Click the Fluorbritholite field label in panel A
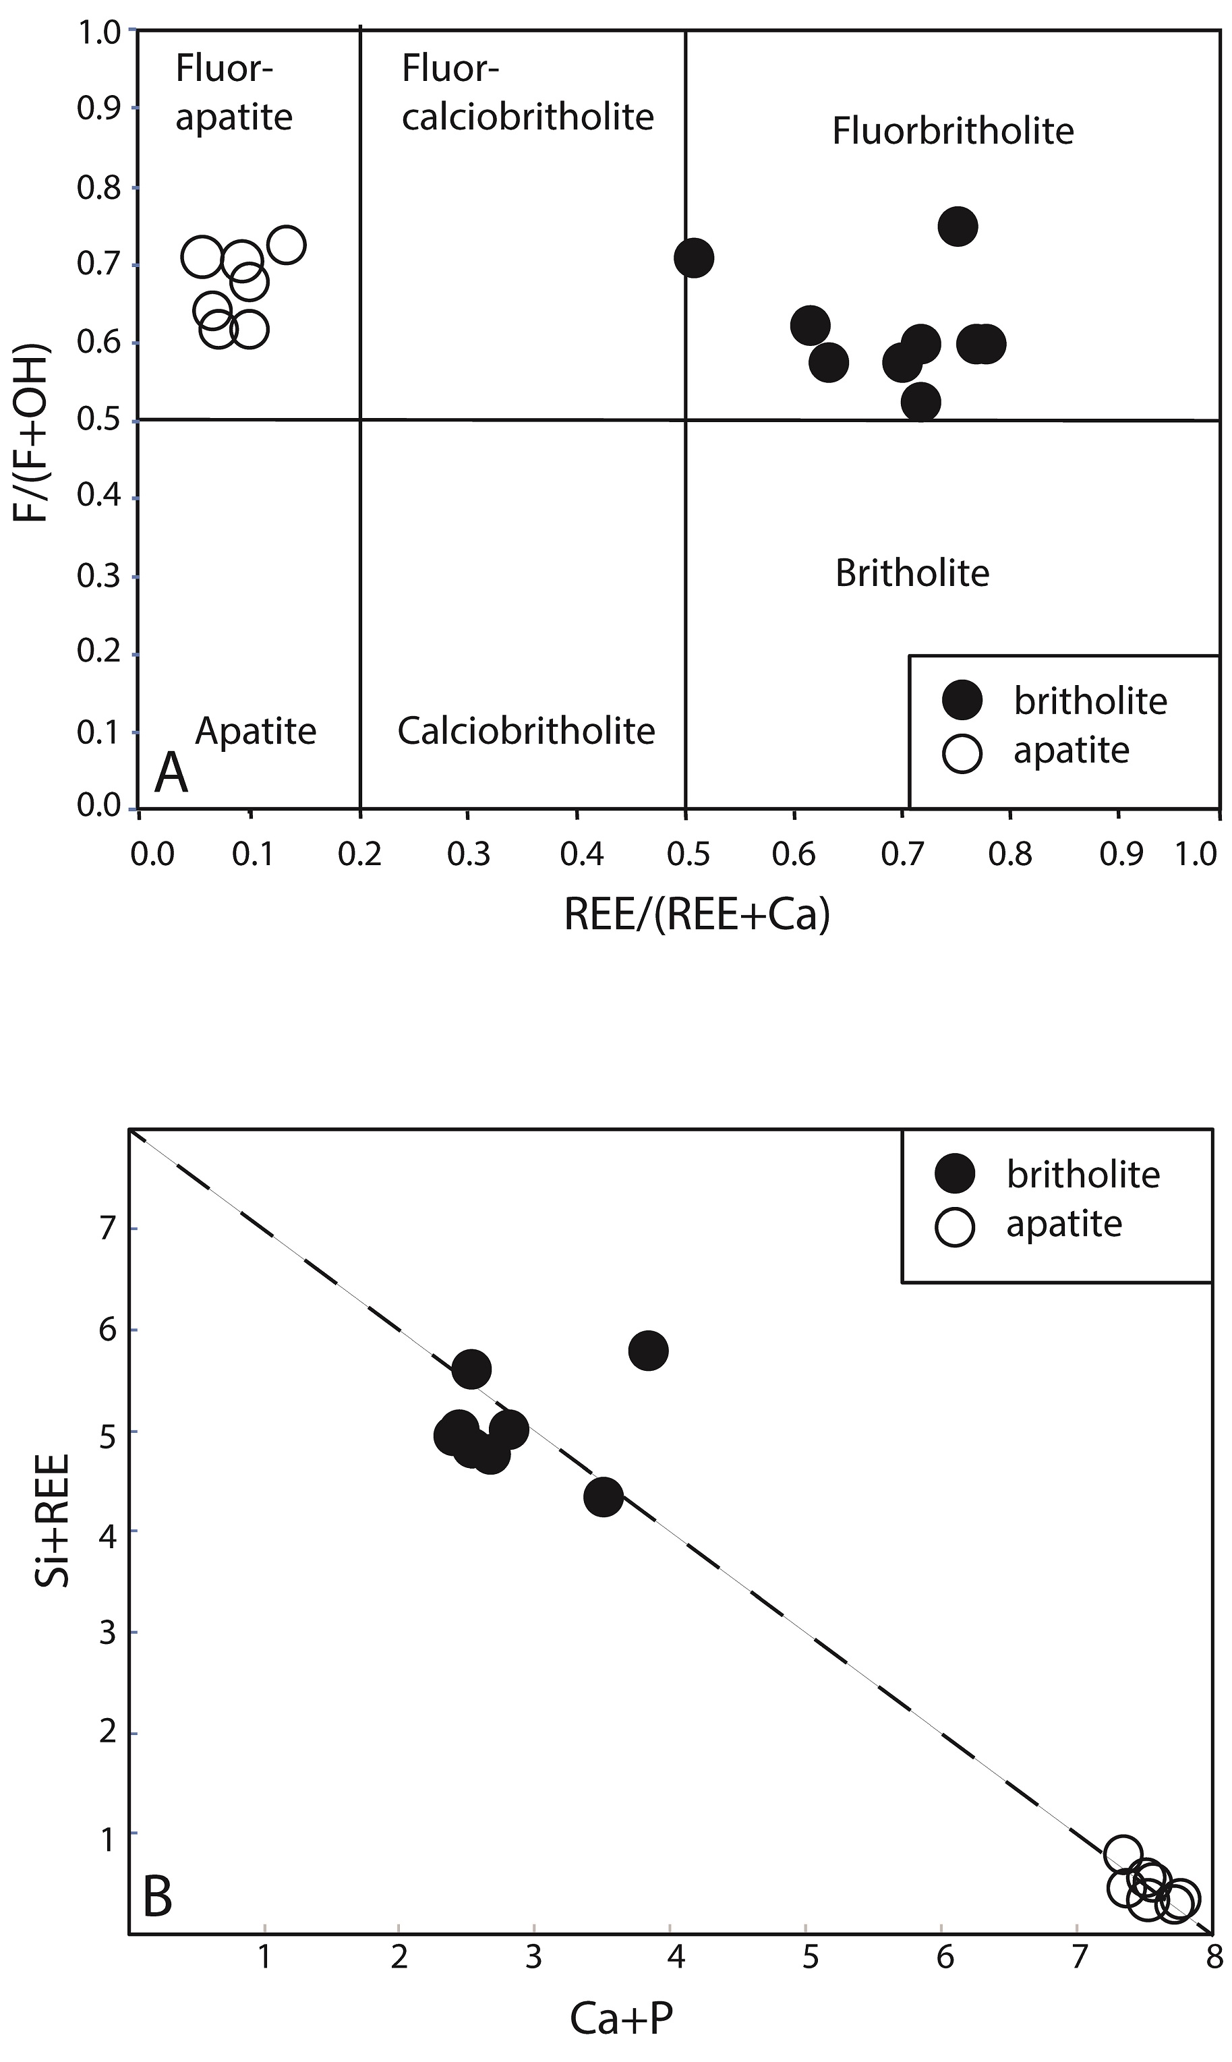pos(952,131)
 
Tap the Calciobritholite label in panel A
pos(527,730)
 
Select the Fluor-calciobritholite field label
pos(527,93)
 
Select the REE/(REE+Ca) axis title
pos(697,915)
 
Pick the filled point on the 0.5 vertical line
pos(694,258)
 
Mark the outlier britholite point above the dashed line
pos(649,1351)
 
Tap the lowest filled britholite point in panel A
pos(920,403)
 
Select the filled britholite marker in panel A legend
pos(962,701)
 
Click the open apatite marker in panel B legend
pos(955,1225)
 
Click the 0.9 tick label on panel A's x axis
pos(1121,854)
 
